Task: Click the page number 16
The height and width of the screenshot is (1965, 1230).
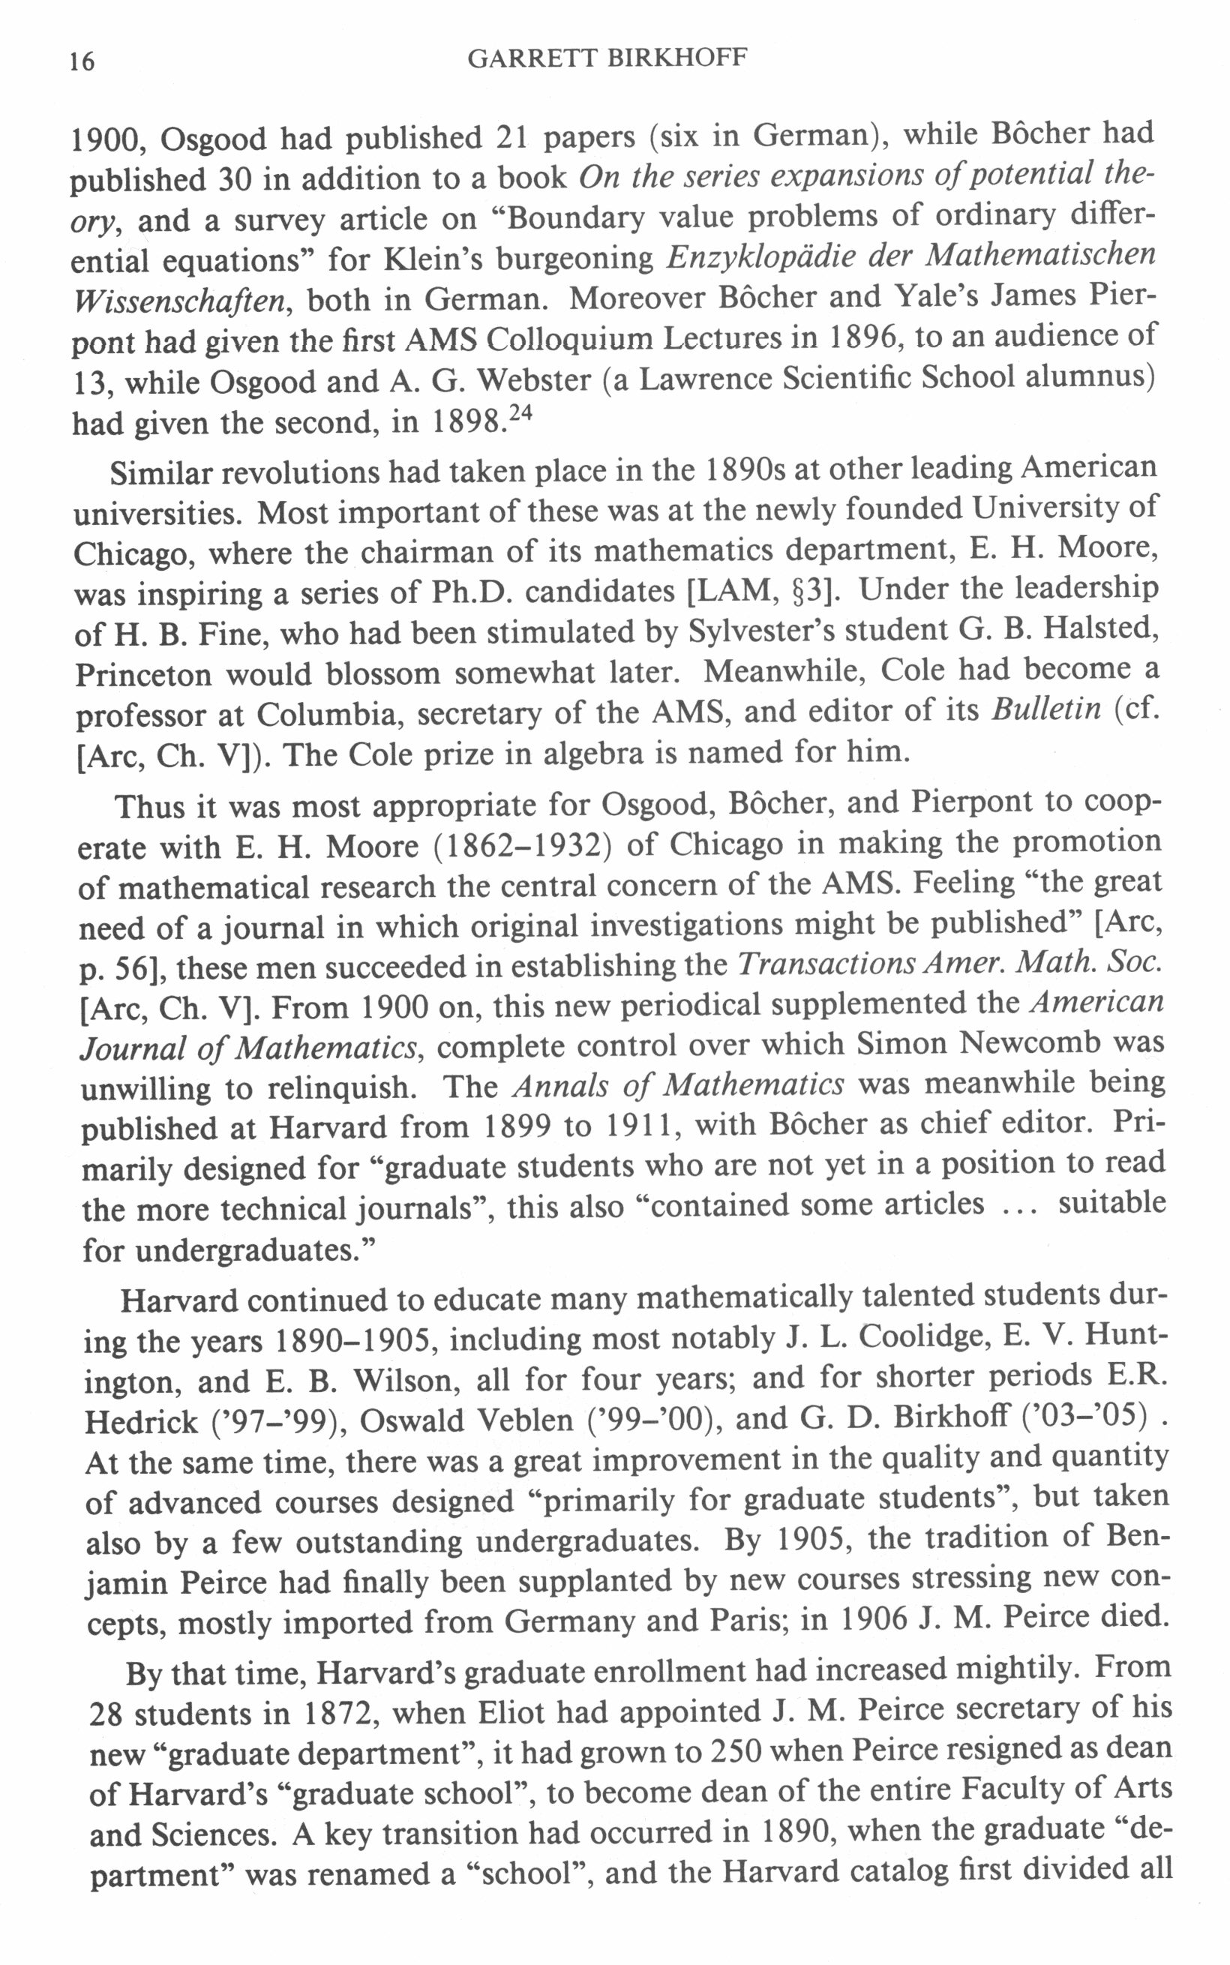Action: [82, 61]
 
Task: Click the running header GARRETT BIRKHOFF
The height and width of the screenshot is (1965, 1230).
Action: [607, 58]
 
